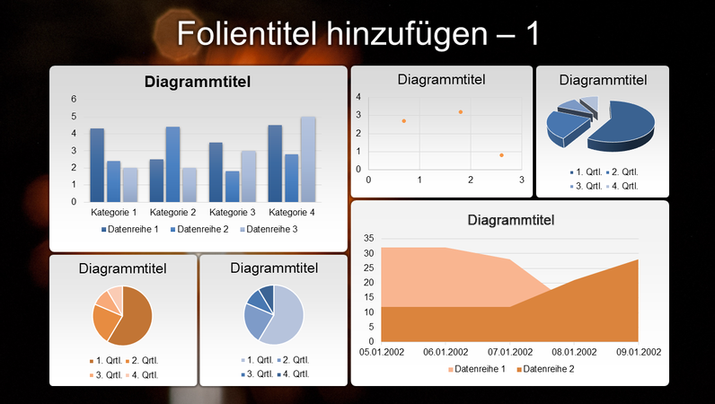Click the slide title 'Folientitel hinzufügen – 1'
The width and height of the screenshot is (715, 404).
click(357, 33)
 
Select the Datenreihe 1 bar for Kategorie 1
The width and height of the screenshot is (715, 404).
click(97, 166)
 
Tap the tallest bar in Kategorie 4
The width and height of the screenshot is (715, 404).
click(308, 160)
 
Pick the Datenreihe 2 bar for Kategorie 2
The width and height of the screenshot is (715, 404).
click(173, 164)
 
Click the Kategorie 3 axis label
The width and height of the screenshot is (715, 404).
click(233, 213)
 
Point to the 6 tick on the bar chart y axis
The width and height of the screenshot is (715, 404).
click(75, 100)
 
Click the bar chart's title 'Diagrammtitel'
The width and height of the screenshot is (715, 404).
click(198, 83)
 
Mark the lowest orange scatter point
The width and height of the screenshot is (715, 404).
click(501, 155)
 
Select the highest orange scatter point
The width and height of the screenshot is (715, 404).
click(461, 112)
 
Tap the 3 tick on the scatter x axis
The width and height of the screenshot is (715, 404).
click(523, 180)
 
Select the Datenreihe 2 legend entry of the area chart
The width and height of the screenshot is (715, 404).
click(546, 370)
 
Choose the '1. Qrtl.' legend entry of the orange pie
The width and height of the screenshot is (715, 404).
click(105, 361)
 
